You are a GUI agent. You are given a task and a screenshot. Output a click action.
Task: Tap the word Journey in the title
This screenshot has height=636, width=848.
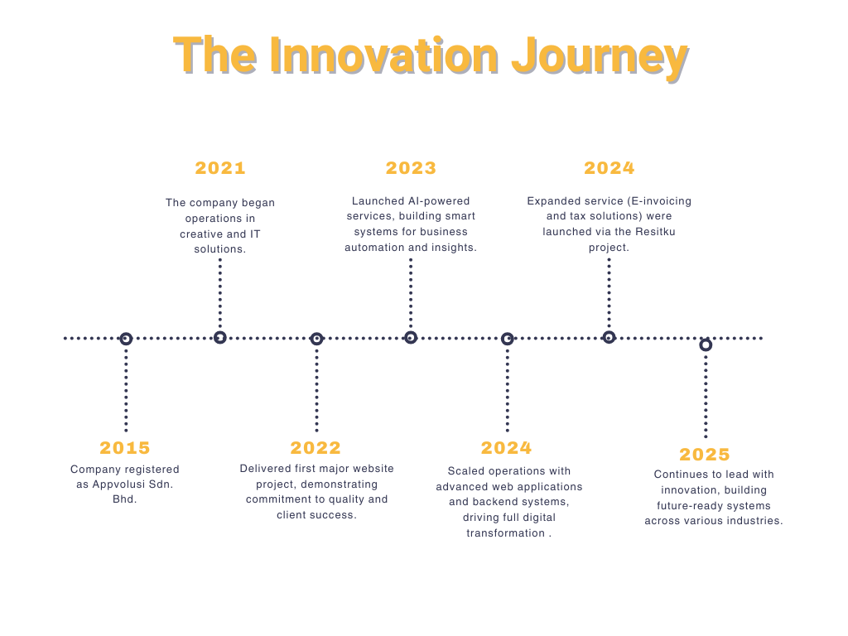[600, 60]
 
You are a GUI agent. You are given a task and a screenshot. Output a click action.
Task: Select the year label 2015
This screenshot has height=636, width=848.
[125, 448]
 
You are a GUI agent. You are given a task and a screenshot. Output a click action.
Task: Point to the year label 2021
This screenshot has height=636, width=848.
[220, 168]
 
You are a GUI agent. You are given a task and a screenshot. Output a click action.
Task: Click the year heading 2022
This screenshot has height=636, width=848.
[316, 448]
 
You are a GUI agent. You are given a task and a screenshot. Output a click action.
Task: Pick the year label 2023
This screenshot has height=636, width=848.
[411, 168]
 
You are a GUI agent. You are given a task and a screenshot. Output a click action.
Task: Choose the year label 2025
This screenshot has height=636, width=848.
[705, 455]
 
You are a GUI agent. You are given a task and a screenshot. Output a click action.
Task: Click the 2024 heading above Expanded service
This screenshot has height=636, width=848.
[609, 168]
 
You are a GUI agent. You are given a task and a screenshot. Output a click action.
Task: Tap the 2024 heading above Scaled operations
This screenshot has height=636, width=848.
[506, 448]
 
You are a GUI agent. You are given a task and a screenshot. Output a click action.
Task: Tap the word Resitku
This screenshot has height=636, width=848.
[656, 232]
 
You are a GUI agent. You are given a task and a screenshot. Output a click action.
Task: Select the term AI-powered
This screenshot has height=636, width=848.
[439, 201]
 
